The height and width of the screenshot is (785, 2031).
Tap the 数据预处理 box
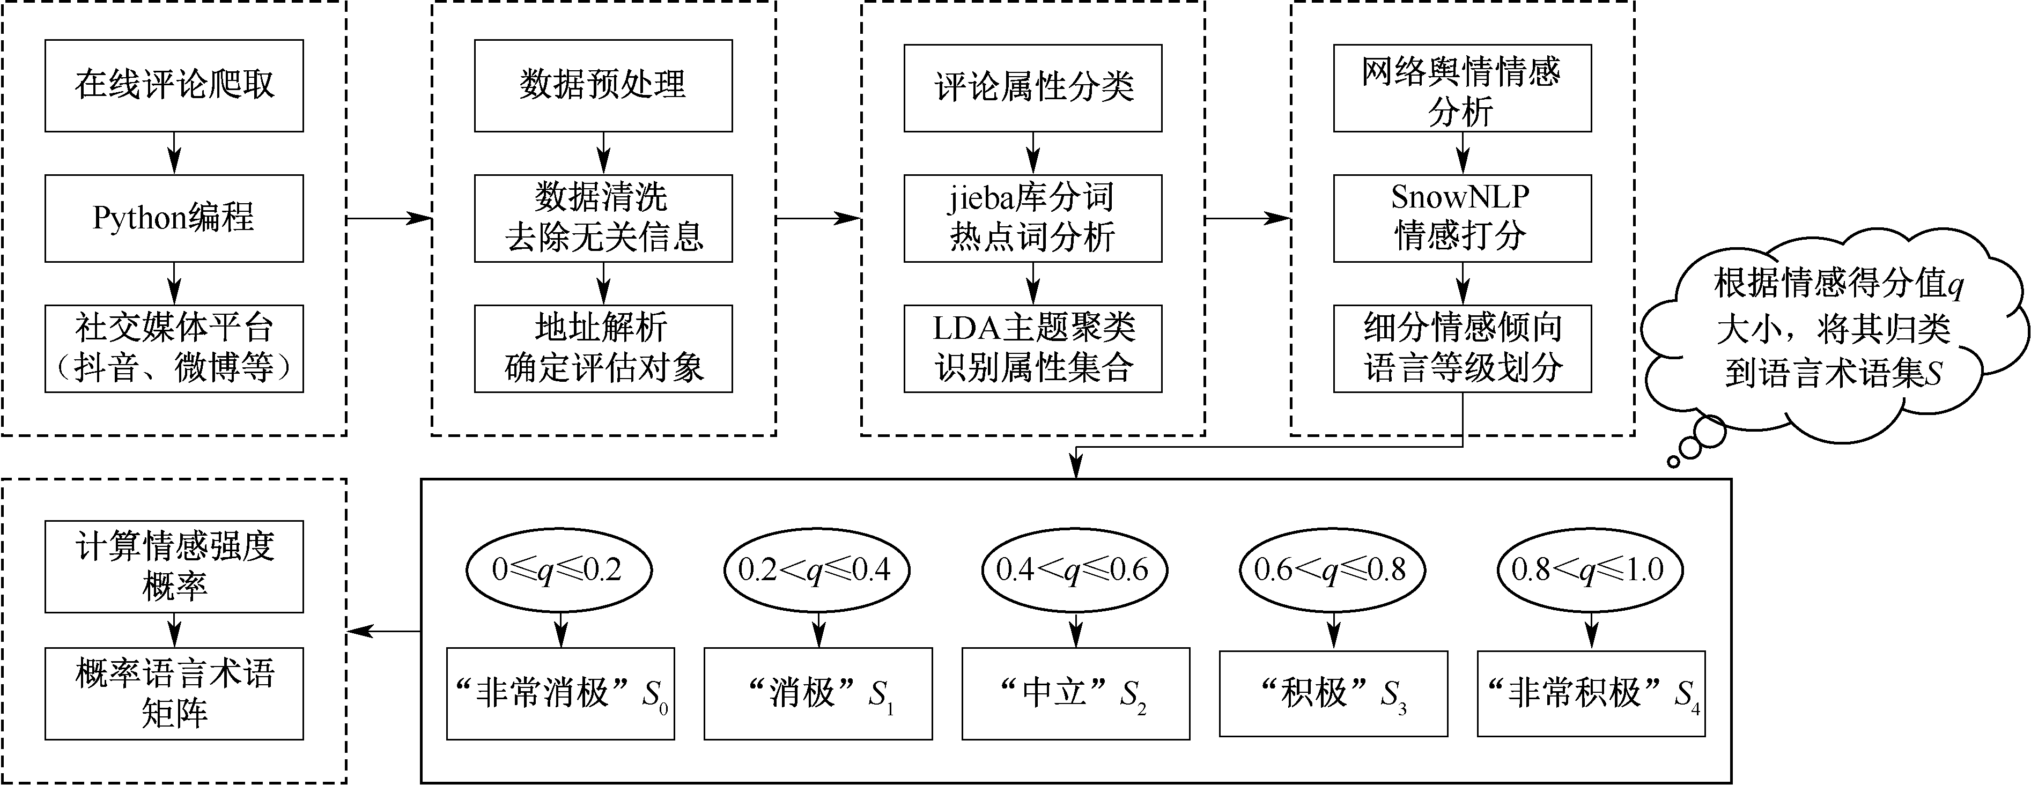(603, 85)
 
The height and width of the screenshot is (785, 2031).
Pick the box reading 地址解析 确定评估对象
(603, 349)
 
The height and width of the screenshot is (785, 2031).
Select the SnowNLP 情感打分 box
(1462, 218)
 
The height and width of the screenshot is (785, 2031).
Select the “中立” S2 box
(1075, 693)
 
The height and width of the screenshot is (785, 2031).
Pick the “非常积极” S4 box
(1591, 693)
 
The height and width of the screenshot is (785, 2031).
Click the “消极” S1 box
(818, 693)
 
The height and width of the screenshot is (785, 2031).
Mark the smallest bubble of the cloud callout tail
(1673, 461)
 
